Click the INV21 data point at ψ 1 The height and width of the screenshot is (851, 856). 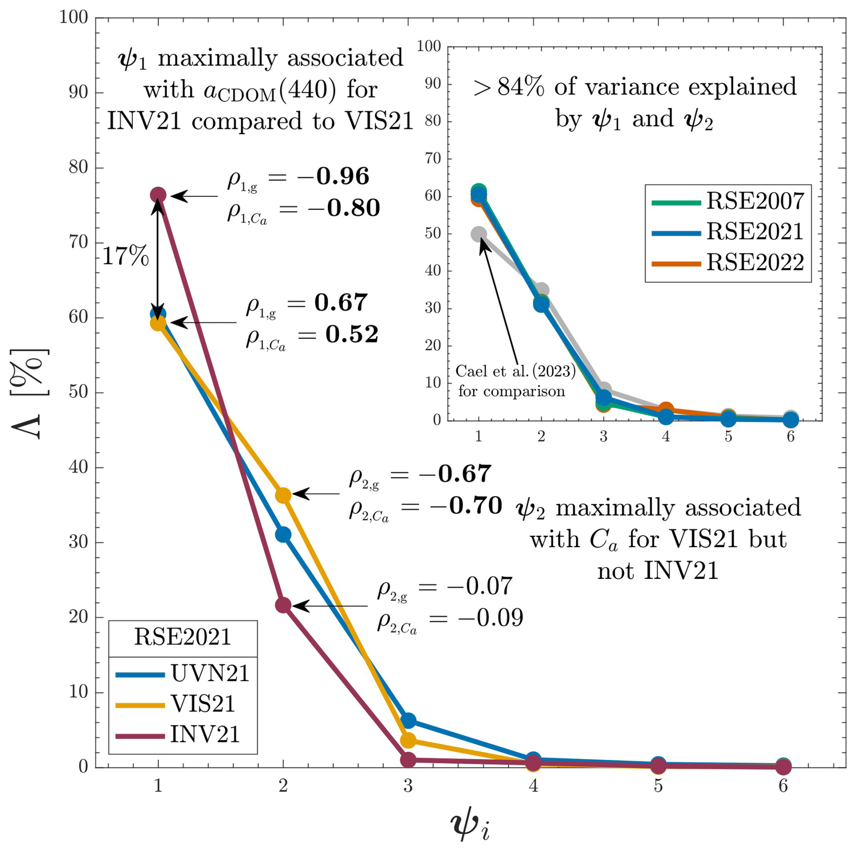[158, 195]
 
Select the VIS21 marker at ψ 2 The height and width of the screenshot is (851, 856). [283, 495]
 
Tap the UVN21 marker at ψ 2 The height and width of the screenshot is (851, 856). [283, 534]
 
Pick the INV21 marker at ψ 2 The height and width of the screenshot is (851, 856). [283, 605]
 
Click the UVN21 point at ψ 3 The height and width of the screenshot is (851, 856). [409, 721]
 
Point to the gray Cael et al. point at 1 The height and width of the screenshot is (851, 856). [479, 234]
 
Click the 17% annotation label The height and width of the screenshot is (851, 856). [125, 256]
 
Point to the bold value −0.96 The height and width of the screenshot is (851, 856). [342, 176]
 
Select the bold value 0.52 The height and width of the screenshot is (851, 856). [352, 335]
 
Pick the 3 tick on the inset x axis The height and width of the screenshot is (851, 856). [604, 436]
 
